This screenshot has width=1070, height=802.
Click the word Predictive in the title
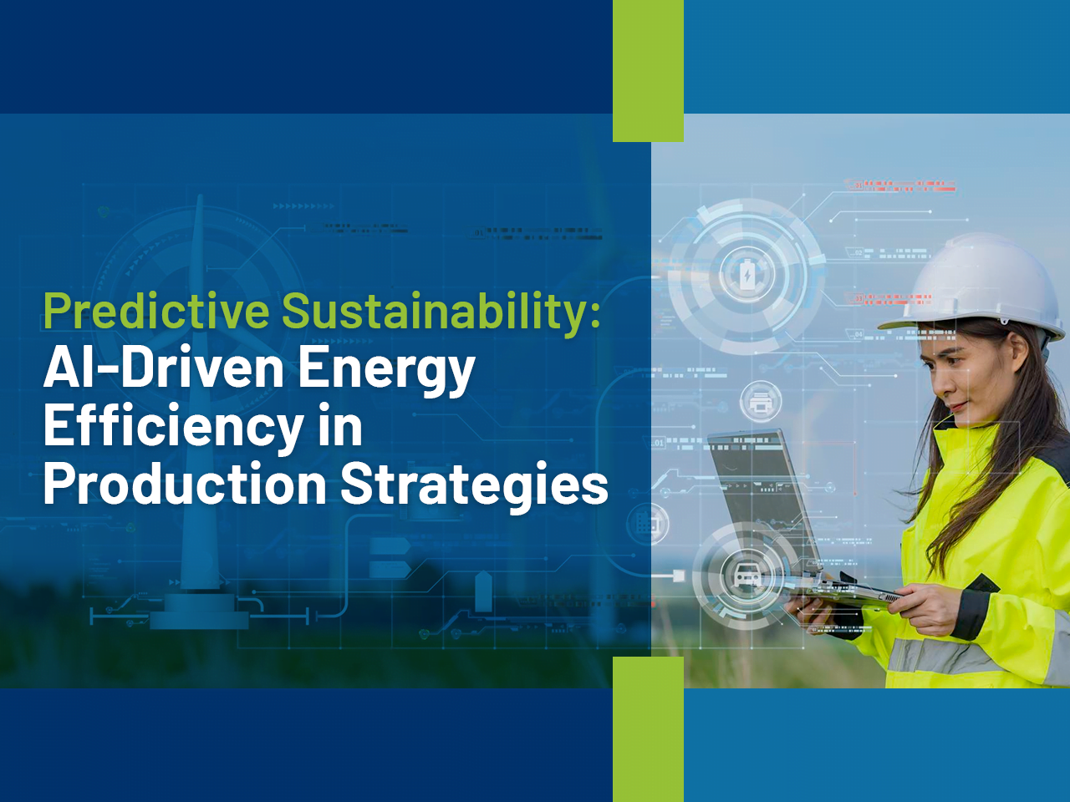tap(156, 310)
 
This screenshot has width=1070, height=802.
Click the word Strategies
tap(474, 489)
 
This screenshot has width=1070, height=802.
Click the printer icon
tap(761, 401)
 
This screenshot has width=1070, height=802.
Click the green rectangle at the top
tap(648, 71)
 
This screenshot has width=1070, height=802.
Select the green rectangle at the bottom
tap(648, 729)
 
